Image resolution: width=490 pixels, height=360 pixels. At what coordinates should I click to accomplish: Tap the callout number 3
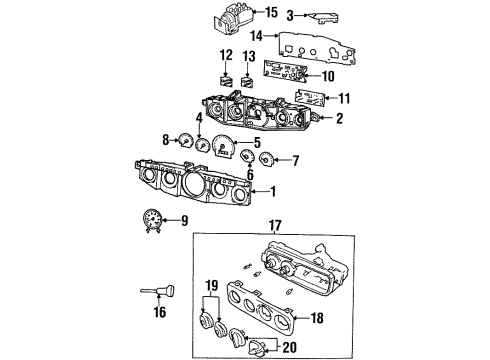(x=289, y=15)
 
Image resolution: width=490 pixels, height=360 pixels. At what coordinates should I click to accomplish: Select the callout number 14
(x=257, y=37)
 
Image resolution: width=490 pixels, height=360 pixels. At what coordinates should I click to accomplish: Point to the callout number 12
(x=226, y=54)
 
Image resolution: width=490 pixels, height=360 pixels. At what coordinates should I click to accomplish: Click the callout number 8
(x=166, y=141)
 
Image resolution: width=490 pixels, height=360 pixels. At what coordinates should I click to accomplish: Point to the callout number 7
(x=293, y=159)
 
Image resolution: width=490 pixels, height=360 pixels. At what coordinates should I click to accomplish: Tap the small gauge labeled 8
(x=184, y=141)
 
